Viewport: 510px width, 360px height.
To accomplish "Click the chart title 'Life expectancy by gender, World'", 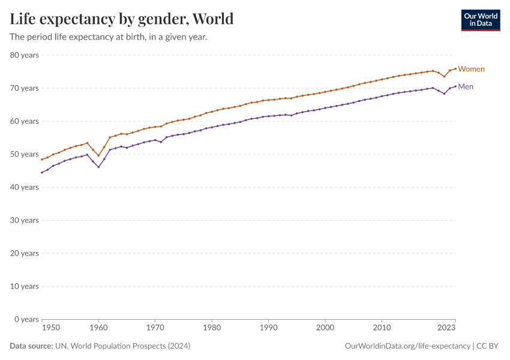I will pos(122,19).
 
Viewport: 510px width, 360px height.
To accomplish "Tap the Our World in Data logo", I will pos(480,20).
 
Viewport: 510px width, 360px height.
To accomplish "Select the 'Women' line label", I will pos(471,69).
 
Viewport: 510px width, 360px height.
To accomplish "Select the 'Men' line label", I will pos(466,86).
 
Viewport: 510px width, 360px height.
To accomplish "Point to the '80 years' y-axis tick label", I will pos(25,55).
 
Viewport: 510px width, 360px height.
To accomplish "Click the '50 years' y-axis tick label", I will pos(25,154).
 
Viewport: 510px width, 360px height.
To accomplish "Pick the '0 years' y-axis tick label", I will pos(26,319).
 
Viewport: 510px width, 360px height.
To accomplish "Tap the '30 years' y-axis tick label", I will pos(25,220).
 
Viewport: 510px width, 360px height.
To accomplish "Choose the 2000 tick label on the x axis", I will pos(325,328).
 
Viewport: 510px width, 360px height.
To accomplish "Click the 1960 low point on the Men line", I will pos(98,167).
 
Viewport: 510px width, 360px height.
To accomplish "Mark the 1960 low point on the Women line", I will pos(98,155).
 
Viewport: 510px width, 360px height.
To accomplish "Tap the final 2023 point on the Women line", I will pos(455,68).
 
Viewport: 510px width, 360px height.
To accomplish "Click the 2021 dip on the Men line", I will pos(444,94).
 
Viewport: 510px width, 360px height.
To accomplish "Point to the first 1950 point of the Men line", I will pos(42,172).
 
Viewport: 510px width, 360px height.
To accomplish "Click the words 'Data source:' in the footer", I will pos(31,346).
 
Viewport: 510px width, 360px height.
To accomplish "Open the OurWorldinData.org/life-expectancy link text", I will pos(408,346).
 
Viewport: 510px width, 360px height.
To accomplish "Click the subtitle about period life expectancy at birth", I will pos(109,37).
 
